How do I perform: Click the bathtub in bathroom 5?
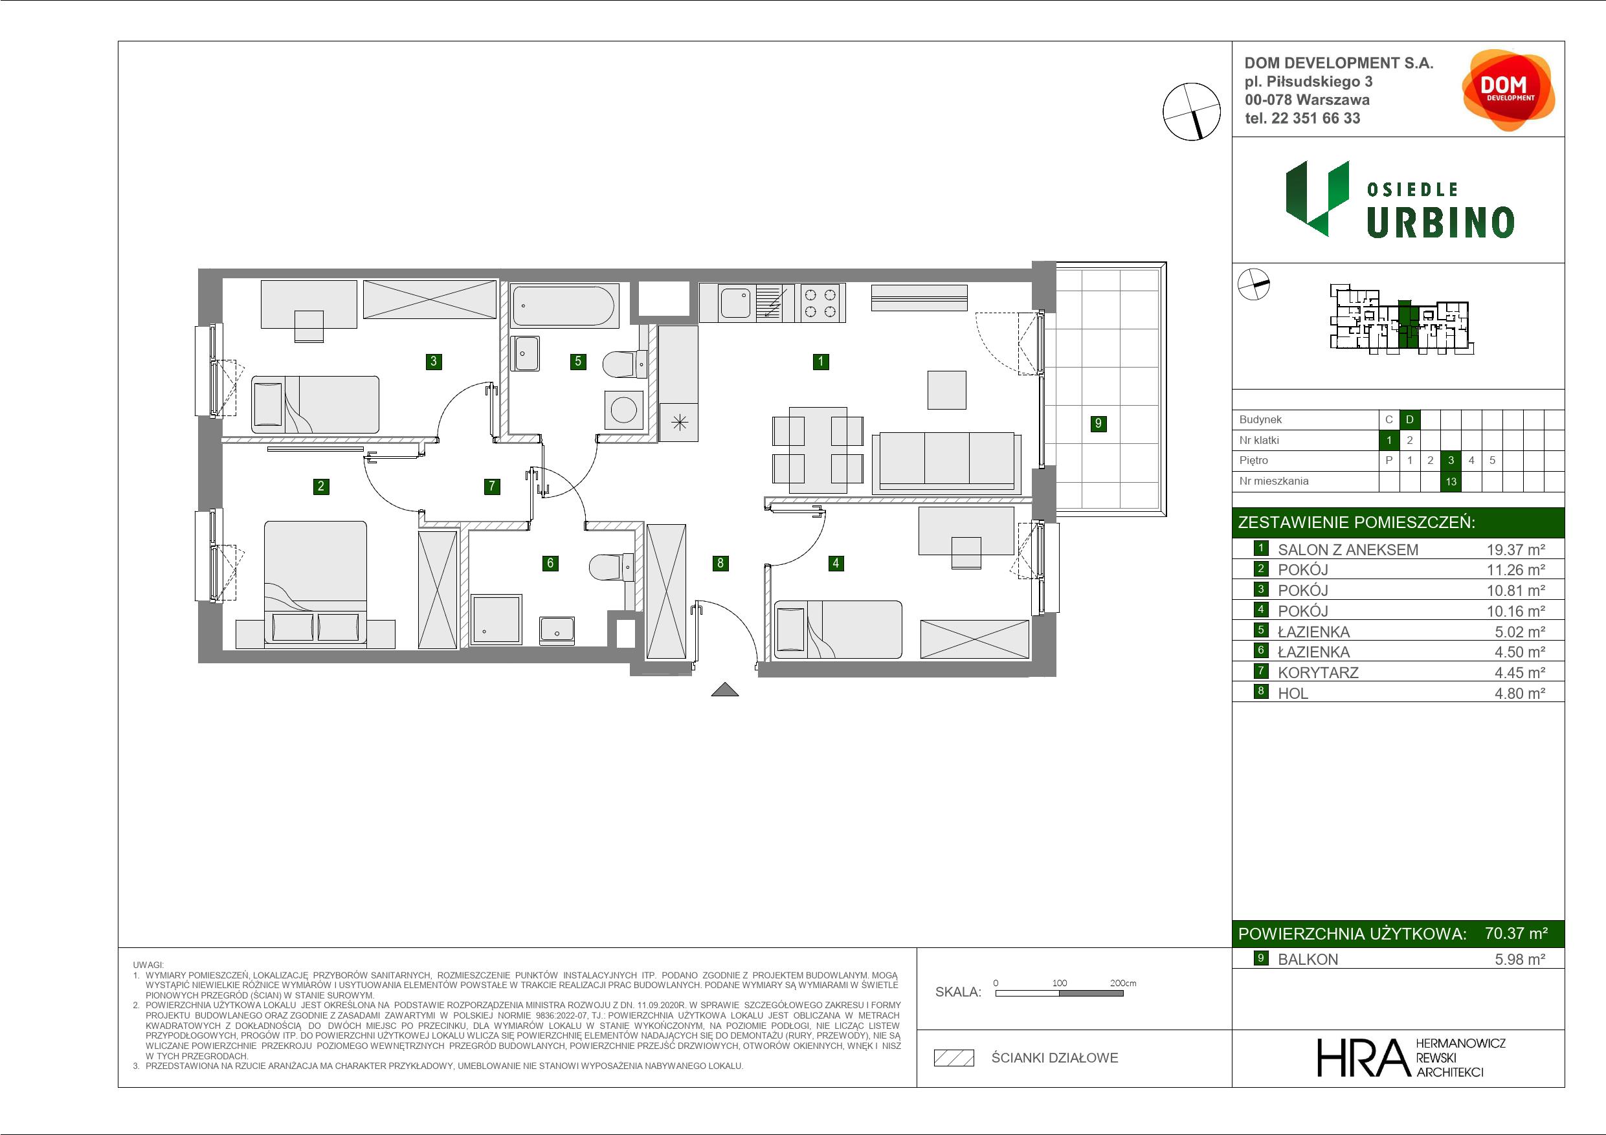[564, 305]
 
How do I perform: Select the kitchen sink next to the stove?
[735, 303]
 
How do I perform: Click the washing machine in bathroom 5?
[623, 410]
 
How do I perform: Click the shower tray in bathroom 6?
[496, 619]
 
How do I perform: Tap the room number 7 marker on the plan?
[492, 486]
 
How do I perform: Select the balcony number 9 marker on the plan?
[1099, 423]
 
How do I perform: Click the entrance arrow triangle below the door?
[724, 690]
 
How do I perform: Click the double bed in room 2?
[315, 584]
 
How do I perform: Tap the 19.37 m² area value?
[1516, 549]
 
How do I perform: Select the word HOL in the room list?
[1293, 693]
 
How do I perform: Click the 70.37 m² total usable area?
[1517, 934]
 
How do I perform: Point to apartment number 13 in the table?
[1451, 481]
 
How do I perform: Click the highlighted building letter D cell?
[1409, 419]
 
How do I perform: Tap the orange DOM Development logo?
[1509, 91]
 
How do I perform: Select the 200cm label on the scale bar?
[1122, 982]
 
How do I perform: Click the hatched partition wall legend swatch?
[954, 1058]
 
